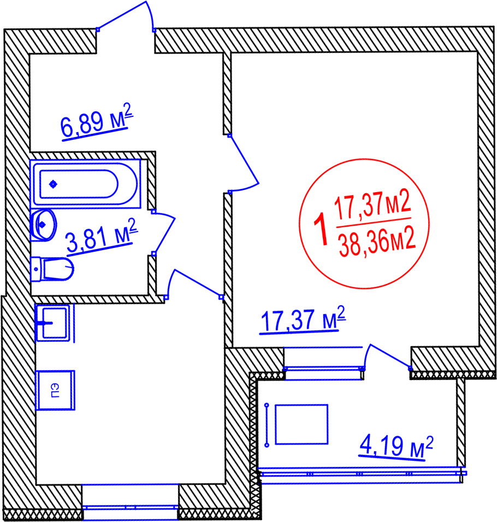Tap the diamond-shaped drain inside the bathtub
pyautogui.click(x=53, y=184)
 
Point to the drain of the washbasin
pyautogui.click(x=42, y=224)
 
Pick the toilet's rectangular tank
pyautogui.click(x=36, y=269)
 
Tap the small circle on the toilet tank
pyautogui.click(x=36, y=269)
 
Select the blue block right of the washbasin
pyautogui.click(x=172, y=227)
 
